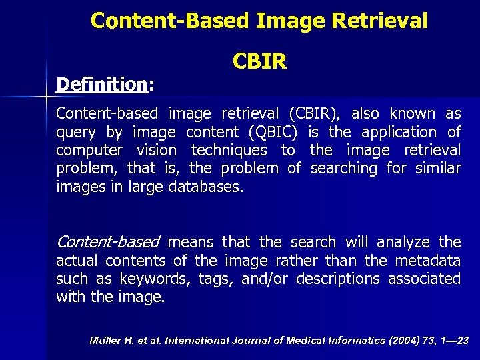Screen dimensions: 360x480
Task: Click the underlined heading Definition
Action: [x=101, y=85]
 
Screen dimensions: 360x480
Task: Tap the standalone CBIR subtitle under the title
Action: [x=260, y=62]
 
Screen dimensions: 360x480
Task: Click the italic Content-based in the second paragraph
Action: [x=108, y=241]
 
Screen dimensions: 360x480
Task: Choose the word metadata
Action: [x=427, y=260]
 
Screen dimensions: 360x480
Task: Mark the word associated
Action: [x=424, y=278]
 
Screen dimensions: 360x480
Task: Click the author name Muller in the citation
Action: [x=103, y=341]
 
